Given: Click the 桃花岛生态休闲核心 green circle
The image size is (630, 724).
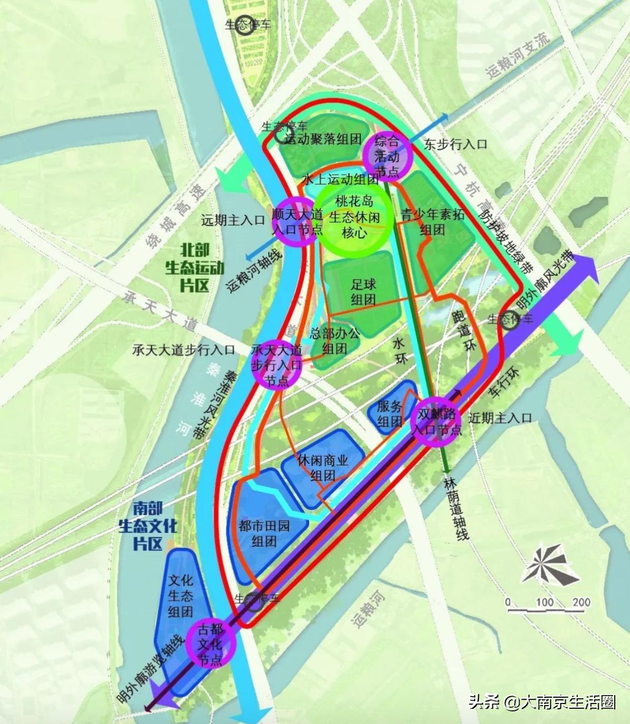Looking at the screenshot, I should tap(354, 216).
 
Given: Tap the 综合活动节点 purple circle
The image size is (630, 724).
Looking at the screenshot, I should tap(387, 156).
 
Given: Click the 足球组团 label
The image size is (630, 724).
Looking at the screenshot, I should tap(363, 292).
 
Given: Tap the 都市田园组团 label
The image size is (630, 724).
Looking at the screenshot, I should tap(264, 534).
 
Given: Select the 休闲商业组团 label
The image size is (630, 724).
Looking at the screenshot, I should tap(322, 468).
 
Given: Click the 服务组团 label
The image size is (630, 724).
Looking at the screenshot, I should tap(390, 414).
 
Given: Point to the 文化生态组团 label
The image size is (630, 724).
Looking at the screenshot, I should tap(181, 596).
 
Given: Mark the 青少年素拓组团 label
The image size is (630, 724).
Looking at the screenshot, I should tap(432, 222).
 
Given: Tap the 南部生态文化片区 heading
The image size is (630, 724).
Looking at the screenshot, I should tap(147, 526).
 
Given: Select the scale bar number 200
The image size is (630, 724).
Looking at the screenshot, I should tap(580, 602).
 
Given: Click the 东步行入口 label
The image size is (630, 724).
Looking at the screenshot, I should tap(456, 144).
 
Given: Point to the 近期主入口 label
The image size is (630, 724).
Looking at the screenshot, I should tap(500, 418).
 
